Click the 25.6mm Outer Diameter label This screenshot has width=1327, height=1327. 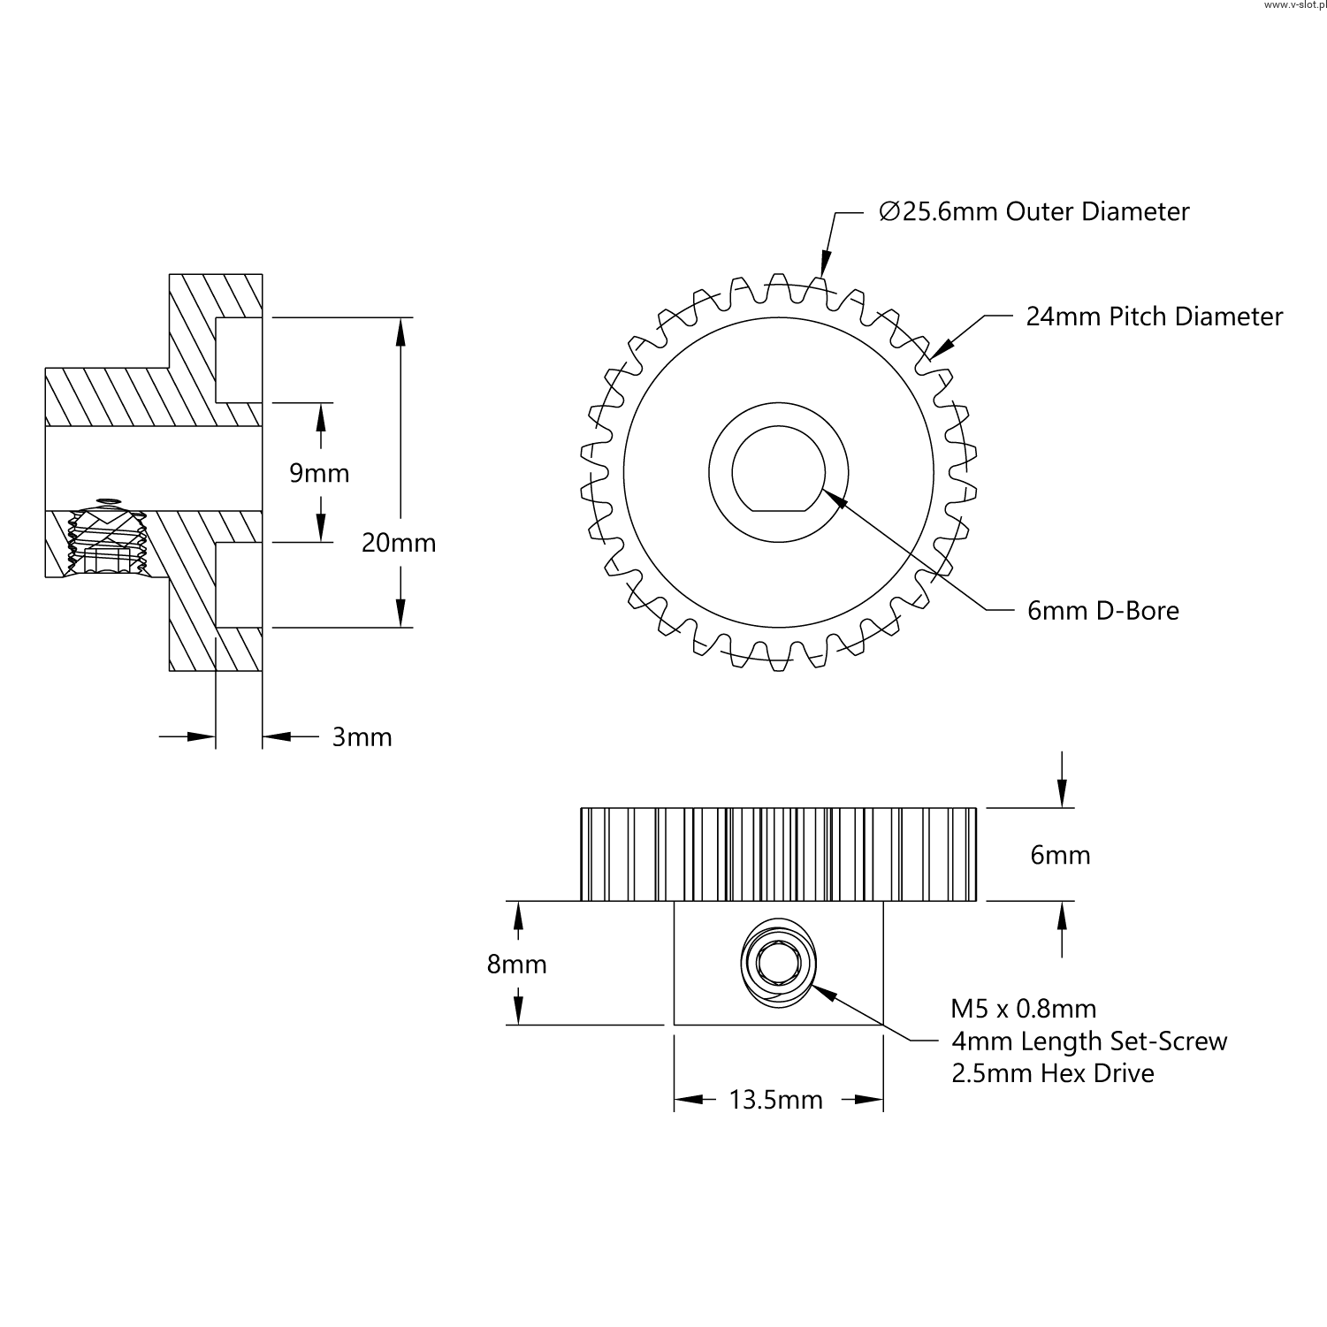[1034, 212]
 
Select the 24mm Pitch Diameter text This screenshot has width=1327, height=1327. [1154, 316]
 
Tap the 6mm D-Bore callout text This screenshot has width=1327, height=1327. [1102, 611]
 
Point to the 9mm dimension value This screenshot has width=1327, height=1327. [319, 474]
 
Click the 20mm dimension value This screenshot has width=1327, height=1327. [399, 543]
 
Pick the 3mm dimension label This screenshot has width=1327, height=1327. [362, 737]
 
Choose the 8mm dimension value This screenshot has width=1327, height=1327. [516, 965]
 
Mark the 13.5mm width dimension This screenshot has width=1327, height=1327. [775, 1100]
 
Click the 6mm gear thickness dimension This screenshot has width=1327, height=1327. [1060, 855]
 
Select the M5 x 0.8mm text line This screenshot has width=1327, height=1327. [1023, 1009]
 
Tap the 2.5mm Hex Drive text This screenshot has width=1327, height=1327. [1052, 1073]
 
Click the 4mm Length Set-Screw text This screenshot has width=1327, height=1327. [1089, 1041]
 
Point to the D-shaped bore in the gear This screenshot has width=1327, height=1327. [778, 469]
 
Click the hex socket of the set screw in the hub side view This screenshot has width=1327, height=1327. [778, 962]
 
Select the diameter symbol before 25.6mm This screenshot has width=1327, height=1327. [888, 212]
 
